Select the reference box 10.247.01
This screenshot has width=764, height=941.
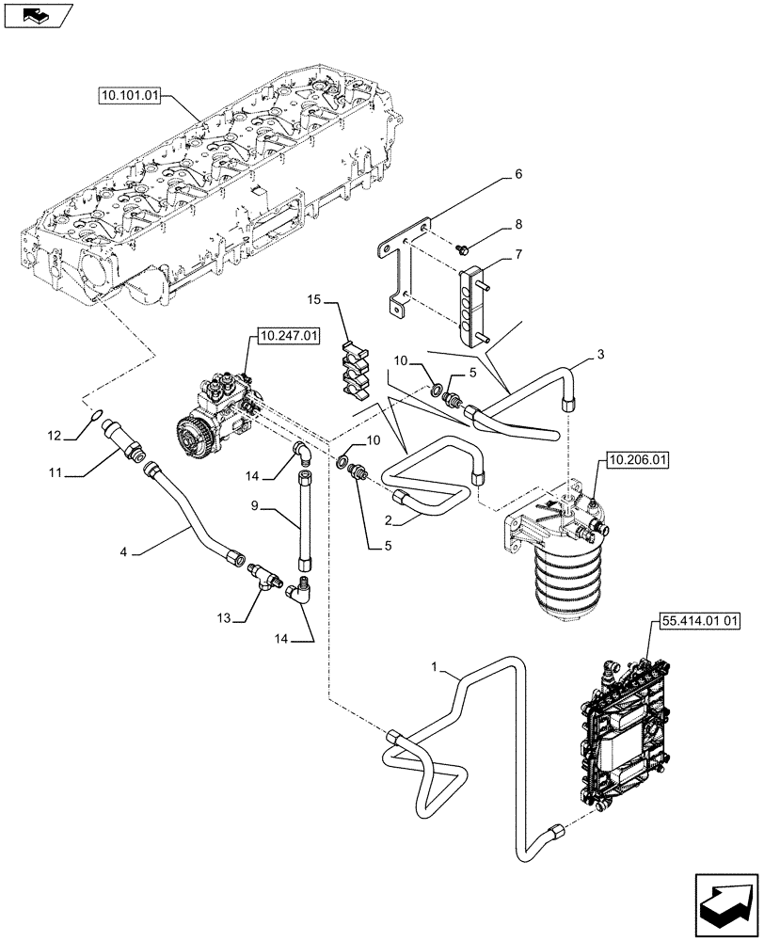[x=285, y=334]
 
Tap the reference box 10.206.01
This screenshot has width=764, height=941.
[x=636, y=460]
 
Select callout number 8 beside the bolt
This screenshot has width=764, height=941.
[x=517, y=226]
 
